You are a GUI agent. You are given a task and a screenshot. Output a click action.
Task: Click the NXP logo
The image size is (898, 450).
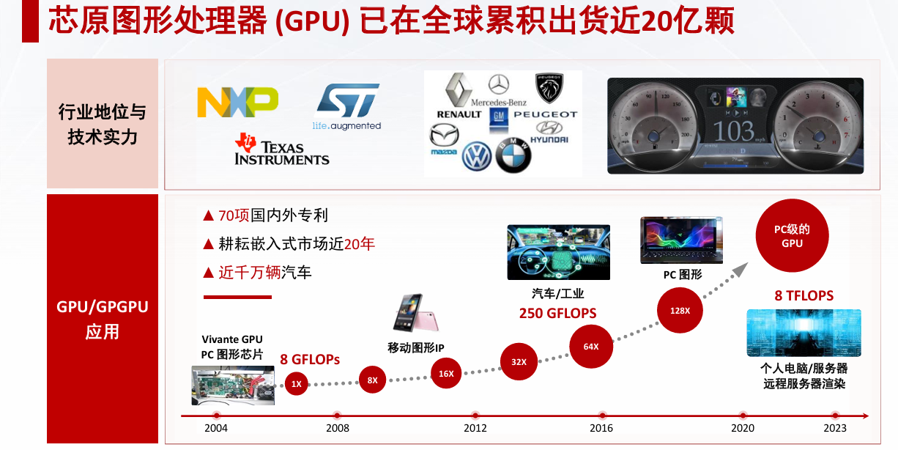238,102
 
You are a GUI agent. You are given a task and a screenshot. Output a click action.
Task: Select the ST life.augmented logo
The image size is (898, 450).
347,107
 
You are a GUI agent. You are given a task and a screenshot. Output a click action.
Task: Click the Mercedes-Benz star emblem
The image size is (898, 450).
498,84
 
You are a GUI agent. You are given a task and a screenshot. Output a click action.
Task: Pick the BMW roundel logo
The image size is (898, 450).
513,155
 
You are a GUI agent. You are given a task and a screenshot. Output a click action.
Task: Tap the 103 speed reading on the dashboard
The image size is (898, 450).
733,132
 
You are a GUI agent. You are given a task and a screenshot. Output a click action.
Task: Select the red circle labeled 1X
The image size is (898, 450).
296,383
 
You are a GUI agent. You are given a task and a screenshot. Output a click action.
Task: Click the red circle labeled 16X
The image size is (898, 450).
446,373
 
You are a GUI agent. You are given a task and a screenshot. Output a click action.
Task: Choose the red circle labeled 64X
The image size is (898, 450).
591,346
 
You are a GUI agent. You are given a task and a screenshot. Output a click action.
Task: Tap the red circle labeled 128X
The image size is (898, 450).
680,310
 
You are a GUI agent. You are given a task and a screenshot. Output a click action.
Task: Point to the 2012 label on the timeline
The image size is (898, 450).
475,428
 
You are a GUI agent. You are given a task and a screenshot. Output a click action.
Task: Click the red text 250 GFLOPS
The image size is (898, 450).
557,314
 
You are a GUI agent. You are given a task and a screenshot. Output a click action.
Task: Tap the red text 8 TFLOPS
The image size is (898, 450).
804,296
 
